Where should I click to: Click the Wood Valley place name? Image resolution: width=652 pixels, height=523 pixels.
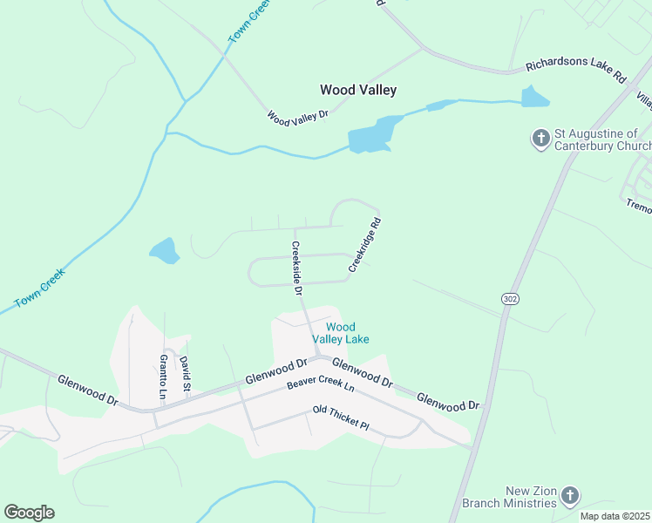[357, 90]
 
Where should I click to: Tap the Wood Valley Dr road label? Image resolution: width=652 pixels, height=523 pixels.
[297, 115]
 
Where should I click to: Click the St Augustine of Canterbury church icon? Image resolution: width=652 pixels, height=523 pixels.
[540, 138]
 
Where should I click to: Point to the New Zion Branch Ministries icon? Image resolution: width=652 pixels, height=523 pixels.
[569, 496]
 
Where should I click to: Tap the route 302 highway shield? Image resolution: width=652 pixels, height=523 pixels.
[511, 298]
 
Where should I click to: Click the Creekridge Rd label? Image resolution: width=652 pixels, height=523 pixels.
[365, 245]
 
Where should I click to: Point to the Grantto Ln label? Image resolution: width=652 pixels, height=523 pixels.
[162, 376]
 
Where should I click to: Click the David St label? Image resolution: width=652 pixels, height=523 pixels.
[185, 372]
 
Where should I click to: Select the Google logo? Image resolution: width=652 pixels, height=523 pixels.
[29, 513]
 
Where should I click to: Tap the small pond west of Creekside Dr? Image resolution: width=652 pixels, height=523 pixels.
[164, 252]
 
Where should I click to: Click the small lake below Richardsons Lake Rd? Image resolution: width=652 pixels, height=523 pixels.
[533, 96]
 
